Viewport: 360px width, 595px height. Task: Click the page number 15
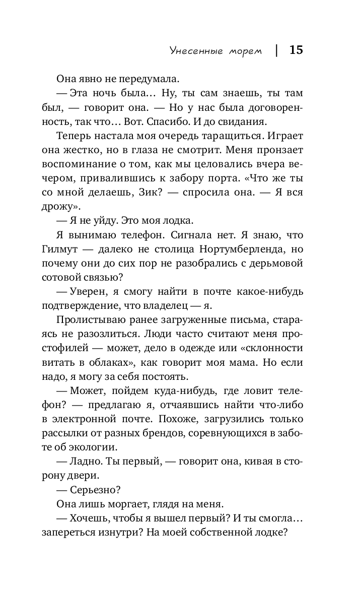pyautogui.click(x=296, y=50)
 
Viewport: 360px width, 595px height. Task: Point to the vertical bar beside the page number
pyautogui.click(x=276, y=50)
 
